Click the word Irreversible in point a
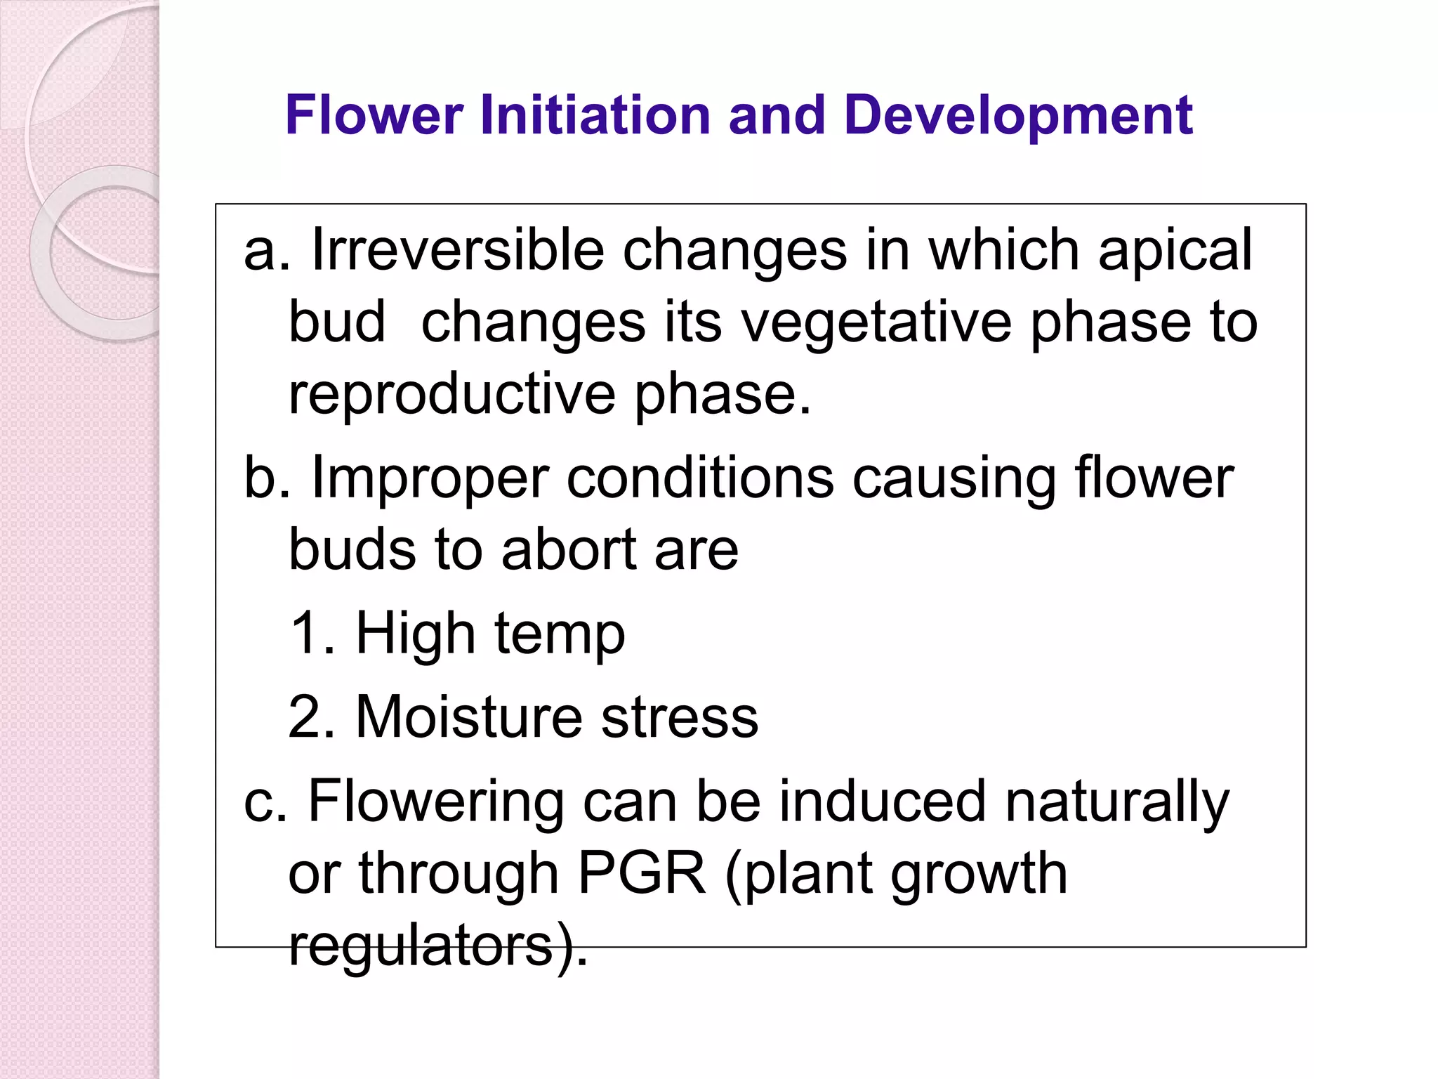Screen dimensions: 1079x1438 [x=457, y=250]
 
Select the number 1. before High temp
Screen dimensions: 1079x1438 [x=312, y=634]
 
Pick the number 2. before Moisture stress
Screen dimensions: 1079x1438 [x=312, y=717]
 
